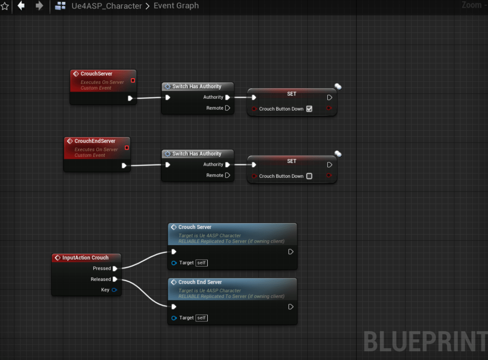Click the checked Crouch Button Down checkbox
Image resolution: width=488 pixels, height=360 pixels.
click(309, 109)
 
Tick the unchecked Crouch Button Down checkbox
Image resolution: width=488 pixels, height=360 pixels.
click(309, 176)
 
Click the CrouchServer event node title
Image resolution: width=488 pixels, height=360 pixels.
click(96, 74)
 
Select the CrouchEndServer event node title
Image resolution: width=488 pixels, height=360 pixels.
click(95, 141)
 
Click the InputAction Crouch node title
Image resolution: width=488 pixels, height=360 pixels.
click(85, 257)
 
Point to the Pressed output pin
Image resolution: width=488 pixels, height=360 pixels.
click(115, 268)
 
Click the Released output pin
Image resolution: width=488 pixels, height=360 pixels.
click(115, 279)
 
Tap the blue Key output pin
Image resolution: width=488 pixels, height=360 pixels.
click(114, 290)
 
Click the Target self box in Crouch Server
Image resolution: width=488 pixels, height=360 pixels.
click(202, 263)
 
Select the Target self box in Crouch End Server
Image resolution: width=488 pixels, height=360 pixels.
click(202, 318)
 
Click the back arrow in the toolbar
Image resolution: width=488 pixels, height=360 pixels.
click(21, 6)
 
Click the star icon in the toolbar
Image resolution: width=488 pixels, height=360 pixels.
click(5, 6)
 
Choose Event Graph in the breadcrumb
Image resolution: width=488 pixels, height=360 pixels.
click(176, 6)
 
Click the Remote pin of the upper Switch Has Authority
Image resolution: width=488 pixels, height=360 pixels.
click(227, 108)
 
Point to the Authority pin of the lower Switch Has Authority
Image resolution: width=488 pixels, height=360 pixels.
click(227, 165)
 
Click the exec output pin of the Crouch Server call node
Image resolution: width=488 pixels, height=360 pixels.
click(291, 252)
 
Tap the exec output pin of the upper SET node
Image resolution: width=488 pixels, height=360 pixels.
click(329, 97)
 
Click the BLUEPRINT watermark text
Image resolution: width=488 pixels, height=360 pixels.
click(425, 341)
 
